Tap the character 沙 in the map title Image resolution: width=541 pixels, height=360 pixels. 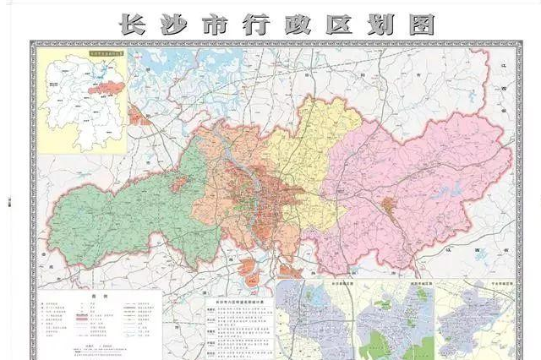point(175,23)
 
